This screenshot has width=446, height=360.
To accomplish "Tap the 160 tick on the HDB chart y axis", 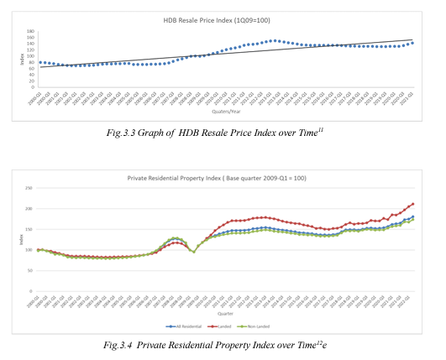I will coord(30,32).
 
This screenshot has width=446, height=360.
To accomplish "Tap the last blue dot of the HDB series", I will coord(412,43).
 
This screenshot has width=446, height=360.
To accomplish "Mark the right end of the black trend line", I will coord(413,40).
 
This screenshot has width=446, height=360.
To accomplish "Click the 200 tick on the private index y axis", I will coord(28,209).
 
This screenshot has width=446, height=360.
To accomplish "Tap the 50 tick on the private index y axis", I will coord(29,270).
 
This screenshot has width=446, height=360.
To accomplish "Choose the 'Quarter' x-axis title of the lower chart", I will coord(222,315).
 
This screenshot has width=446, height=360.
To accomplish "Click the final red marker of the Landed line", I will coord(413,204).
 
